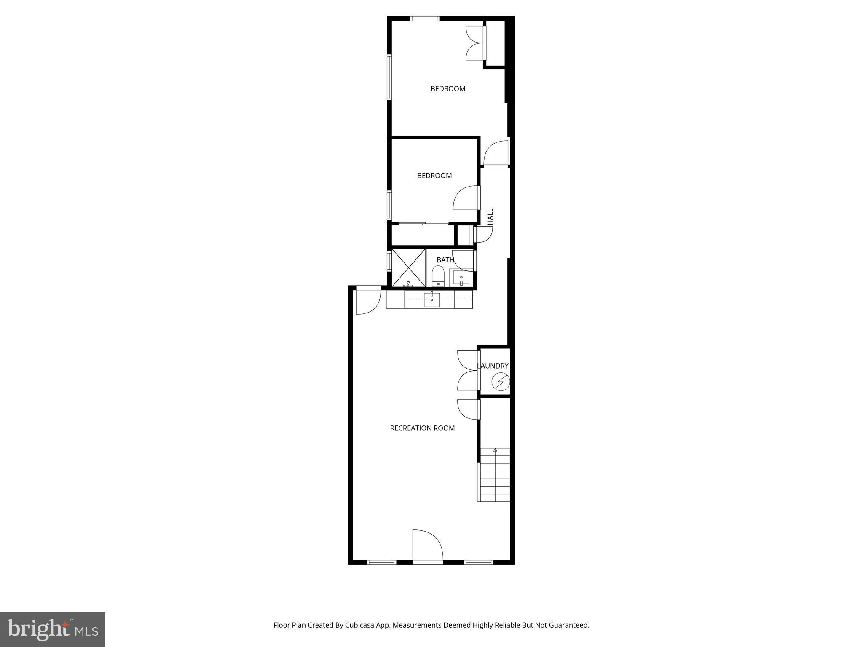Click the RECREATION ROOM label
click(422, 428)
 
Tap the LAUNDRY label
click(493, 366)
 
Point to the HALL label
click(490, 217)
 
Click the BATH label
click(445, 260)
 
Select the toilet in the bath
click(438, 276)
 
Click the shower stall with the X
click(408, 267)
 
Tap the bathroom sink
click(461, 278)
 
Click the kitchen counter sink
click(432, 299)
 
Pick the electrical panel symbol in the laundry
click(501, 382)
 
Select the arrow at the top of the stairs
click(495, 450)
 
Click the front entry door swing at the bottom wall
click(427, 546)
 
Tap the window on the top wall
click(425, 19)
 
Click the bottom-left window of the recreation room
click(382, 562)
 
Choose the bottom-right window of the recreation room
click(478, 562)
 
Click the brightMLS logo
click(53, 629)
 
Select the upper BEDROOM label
click(448, 89)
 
